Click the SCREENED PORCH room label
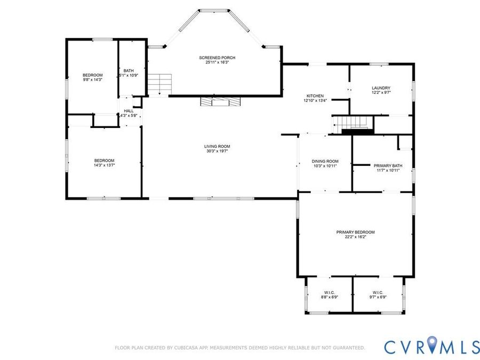[x=217, y=58]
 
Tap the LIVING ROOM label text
[x=217, y=146]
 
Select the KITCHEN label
[x=315, y=96]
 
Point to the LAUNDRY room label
[x=381, y=88]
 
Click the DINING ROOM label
[x=325, y=161]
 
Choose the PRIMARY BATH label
[x=388, y=166]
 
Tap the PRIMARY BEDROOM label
[x=355, y=232]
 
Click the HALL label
[x=129, y=111]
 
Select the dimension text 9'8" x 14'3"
[x=92, y=79]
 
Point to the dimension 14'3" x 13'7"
[x=104, y=165]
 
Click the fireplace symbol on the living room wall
[x=220, y=102]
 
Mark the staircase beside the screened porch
[x=159, y=84]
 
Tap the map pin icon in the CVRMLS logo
[x=432, y=343]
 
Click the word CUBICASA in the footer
[x=187, y=348]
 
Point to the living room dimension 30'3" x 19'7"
[x=217, y=151]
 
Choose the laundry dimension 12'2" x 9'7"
[x=381, y=92]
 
